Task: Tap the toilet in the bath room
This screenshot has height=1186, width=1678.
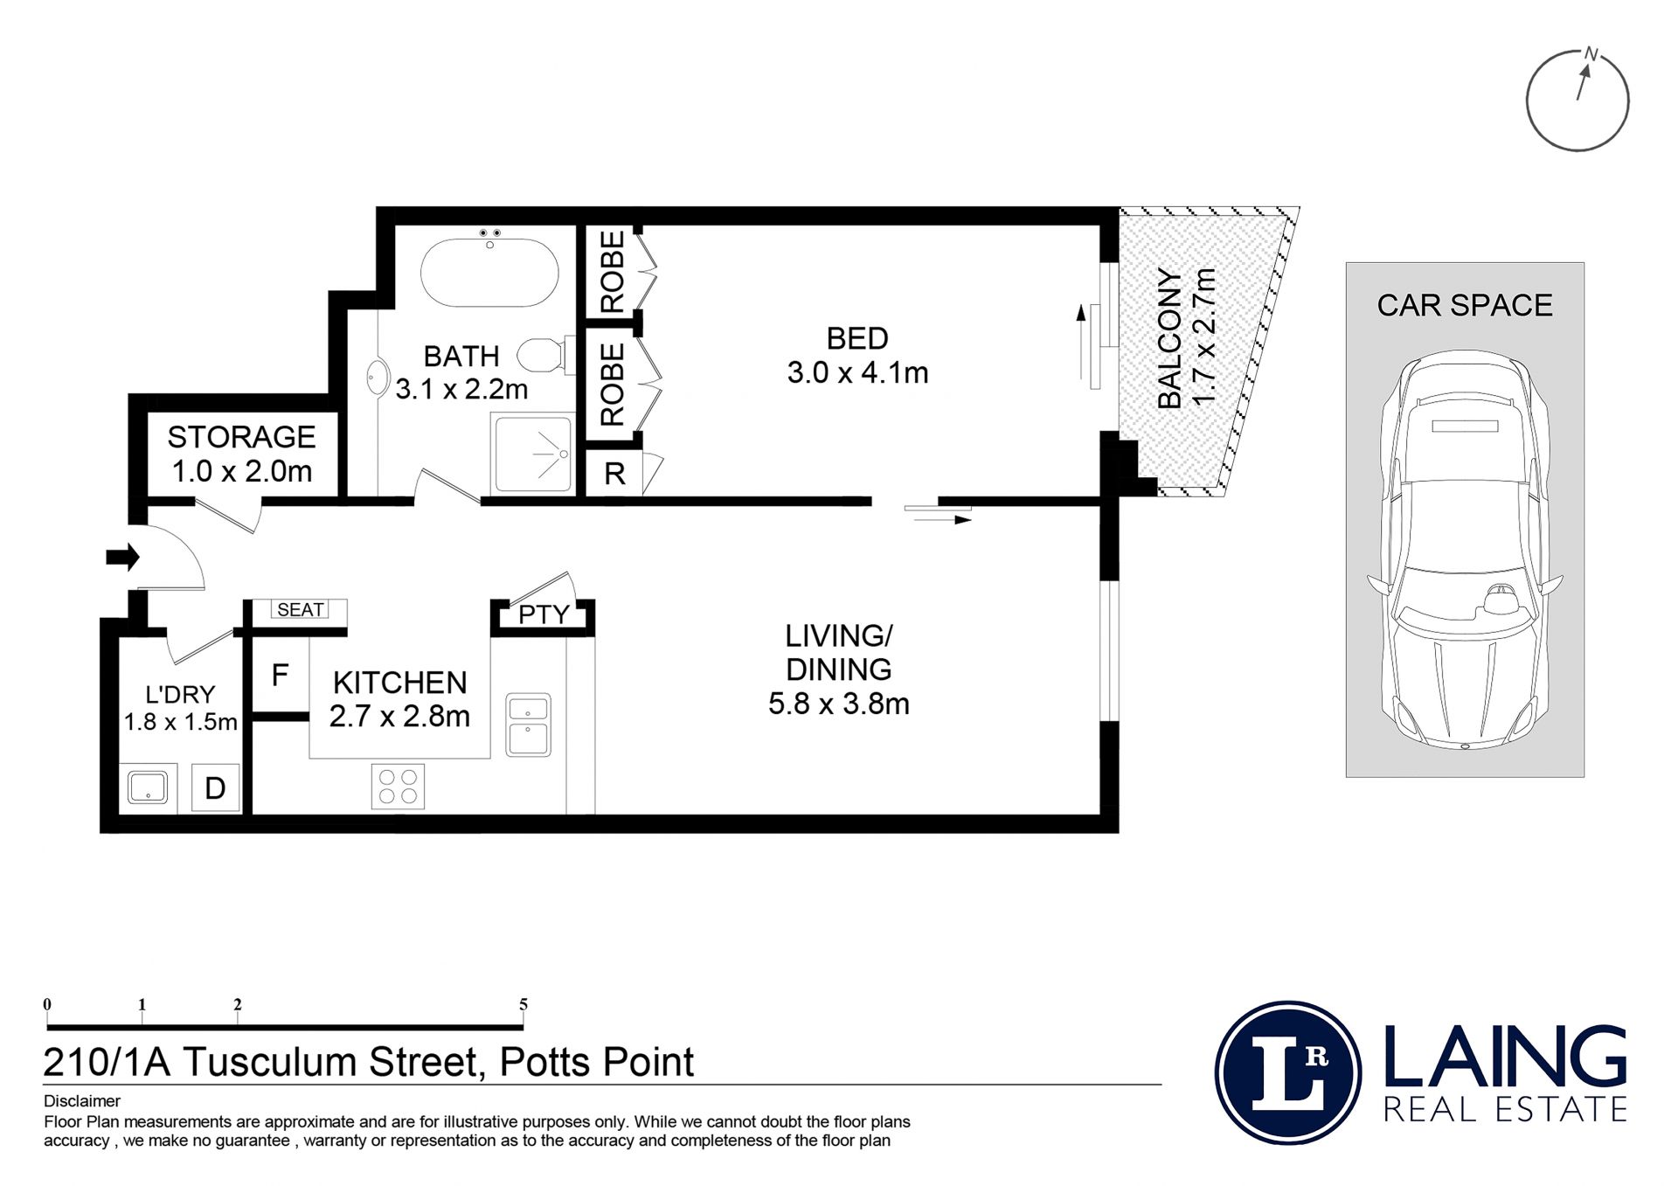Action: [x=546, y=356]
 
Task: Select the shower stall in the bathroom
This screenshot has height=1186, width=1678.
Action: [x=532, y=454]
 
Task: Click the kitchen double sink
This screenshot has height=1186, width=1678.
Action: [x=528, y=725]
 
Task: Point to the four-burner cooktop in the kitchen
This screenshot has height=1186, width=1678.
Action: [x=398, y=786]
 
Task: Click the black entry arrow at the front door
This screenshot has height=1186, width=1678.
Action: [x=122, y=557]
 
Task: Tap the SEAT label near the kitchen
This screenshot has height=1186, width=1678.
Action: [x=300, y=610]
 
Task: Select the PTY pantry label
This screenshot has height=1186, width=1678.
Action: [x=544, y=615]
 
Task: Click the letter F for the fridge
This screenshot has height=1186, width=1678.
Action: [x=280, y=676]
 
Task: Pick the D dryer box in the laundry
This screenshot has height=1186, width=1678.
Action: [x=215, y=788]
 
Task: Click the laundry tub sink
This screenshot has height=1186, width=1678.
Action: [x=148, y=787]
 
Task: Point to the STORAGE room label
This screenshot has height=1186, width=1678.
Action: [x=241, y=437]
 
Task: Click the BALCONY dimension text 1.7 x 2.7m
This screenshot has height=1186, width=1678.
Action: [x=1204, y=336]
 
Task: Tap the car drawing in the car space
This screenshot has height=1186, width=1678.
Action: [x=1465, y=550]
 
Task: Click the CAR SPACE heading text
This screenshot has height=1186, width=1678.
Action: [x=1465, y=305]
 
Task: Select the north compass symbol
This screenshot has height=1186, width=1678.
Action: [x=1578, y=99]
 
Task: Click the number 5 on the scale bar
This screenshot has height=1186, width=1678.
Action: [x=524, y=1004]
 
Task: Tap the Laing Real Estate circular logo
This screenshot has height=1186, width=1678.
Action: [x=1288, y=1072]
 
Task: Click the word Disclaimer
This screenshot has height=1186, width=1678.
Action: [x=82, y=1101]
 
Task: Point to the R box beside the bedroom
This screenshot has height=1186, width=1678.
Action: [x=614, y=474]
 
